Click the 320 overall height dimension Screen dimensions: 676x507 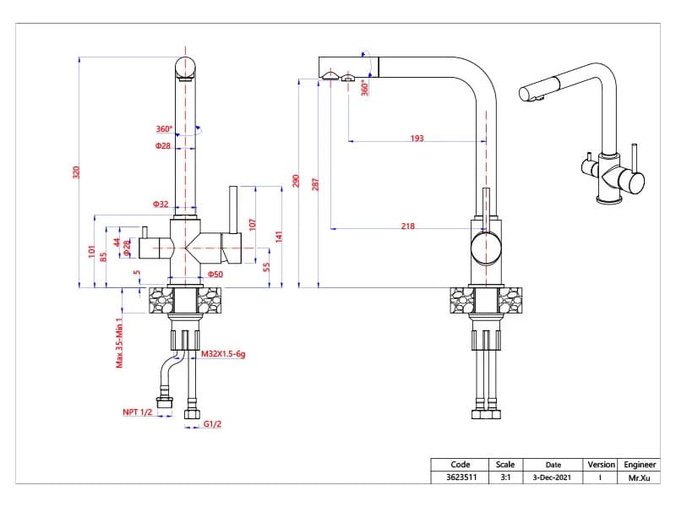coord(76,172)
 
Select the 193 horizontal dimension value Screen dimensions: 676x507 coord(417,138)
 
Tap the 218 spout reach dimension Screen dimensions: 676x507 coord(408,226)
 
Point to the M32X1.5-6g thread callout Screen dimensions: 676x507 coord(223,354)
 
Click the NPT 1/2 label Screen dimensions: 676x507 coord(138,412)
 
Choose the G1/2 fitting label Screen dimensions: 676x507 coord(212,424)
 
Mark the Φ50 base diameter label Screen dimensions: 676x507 coord(215,274)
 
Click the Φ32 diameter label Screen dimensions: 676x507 coord(161,204)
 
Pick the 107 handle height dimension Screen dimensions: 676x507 coord(252,224)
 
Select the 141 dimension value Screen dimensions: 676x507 coord(279,237)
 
